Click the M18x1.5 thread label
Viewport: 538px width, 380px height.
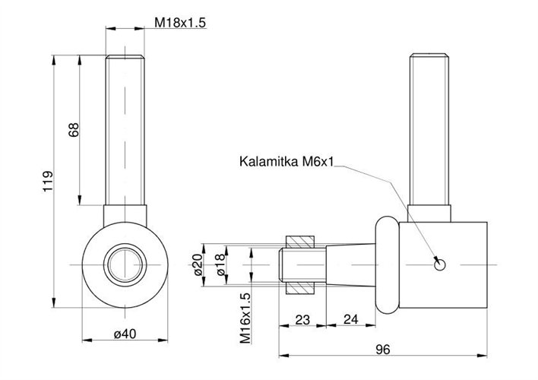(180, 23)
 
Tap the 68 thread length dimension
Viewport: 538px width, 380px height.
(74, 130)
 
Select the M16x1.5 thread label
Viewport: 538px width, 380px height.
(245, 318)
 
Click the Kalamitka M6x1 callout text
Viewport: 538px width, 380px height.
(286, 161)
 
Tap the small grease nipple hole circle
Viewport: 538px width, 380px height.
(438, 263)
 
